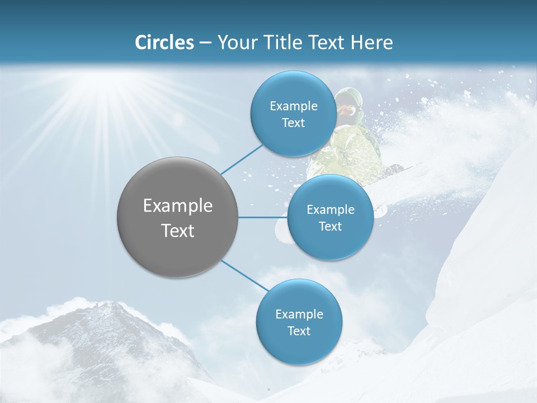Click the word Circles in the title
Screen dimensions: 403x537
tap(164, 43)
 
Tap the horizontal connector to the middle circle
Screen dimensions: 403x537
tap(263, 217)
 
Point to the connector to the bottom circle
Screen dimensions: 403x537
tap(244, 275)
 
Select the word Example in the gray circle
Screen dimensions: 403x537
tap(178, 206)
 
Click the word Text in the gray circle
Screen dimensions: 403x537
tap(178, 231)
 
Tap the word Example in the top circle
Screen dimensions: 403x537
tap(293, 106)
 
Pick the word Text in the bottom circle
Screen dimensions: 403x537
tap(299, 331)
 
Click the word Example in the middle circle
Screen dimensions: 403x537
tap(330, 210)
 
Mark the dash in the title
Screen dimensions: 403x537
tap(205, 43)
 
